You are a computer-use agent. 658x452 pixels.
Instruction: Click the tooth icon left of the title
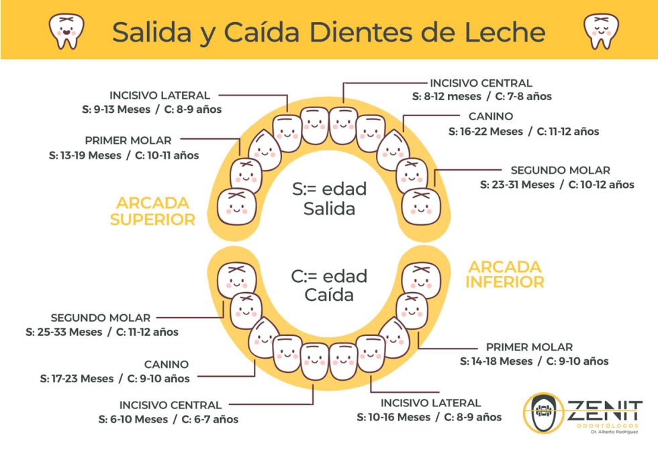[66, 30]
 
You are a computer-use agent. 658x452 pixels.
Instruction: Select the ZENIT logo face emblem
[543, 416]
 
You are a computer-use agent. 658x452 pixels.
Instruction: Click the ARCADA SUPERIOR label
[152, 211]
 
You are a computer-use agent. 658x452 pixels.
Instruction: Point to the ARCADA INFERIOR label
[506, 274]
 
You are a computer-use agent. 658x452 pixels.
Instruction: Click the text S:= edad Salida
[329, 199]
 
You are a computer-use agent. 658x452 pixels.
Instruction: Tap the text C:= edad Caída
[329, 285]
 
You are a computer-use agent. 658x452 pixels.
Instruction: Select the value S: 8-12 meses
[446, 97]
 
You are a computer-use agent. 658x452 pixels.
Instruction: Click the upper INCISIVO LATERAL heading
[160, 95]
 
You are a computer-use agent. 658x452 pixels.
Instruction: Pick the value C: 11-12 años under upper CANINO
[568, 132]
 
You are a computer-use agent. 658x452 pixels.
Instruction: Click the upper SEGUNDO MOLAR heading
[560, 171]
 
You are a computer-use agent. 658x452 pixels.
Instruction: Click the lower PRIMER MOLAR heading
[529, 347]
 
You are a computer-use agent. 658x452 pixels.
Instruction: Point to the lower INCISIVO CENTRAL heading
[171, 405]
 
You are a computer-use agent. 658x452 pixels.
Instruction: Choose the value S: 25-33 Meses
[64, 332]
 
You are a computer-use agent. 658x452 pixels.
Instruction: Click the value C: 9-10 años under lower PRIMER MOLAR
[575, 361]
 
